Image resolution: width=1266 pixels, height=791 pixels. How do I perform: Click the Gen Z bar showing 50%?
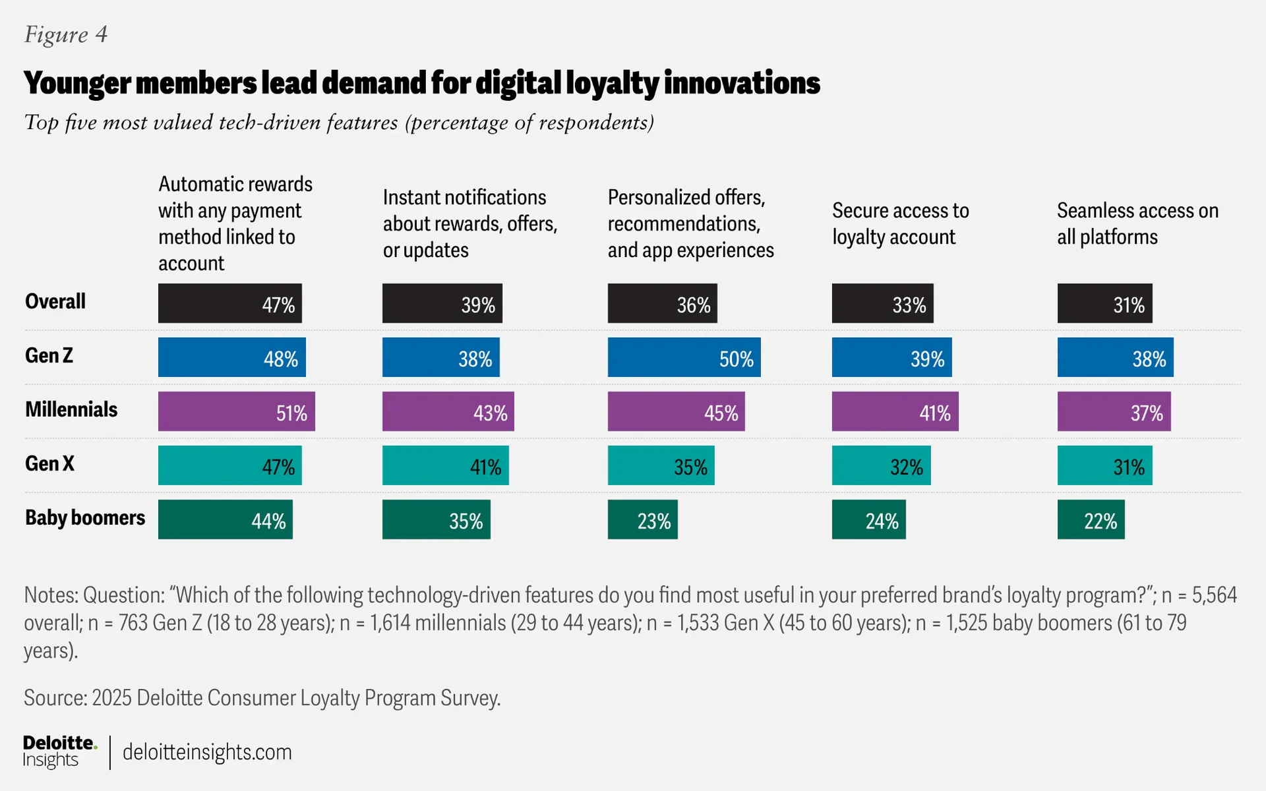click(684, 357)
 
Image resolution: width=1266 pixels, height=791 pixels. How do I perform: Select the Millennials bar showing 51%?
click(236, 411)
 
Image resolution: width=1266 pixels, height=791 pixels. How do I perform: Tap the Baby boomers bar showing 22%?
click(1091, 519)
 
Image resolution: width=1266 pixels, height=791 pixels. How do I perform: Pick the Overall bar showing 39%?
click(442, 303)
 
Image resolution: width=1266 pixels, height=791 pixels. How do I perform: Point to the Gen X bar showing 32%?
click(881, 465)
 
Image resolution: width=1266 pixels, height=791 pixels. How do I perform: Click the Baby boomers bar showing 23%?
click(642, 519)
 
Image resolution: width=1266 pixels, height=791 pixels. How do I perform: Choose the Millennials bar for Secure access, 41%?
click(895, 411)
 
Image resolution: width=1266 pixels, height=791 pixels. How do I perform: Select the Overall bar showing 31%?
click(1104, 303)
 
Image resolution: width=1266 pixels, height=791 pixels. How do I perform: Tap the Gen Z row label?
click(49, 356)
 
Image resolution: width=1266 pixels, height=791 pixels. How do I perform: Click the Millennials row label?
click(71, 409)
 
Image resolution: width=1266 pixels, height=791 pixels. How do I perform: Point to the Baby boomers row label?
click(85, 517)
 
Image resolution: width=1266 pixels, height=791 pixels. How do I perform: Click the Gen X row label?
click(49, 463)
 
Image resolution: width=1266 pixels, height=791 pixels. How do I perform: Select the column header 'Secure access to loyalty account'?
click(900, 223)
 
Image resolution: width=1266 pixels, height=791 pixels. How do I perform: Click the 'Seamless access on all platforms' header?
click(1137, 223)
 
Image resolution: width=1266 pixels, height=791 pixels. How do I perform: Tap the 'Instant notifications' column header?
click(469, 223)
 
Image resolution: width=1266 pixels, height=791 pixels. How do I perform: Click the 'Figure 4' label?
click(66, 34)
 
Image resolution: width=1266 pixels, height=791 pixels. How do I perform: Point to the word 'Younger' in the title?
click(77, 83)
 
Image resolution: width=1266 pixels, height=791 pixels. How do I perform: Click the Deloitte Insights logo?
click(59, 751)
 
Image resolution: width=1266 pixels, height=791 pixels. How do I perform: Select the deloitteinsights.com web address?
click(207, 752)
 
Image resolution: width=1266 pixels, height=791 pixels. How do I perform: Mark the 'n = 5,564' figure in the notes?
click(1199, 595)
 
